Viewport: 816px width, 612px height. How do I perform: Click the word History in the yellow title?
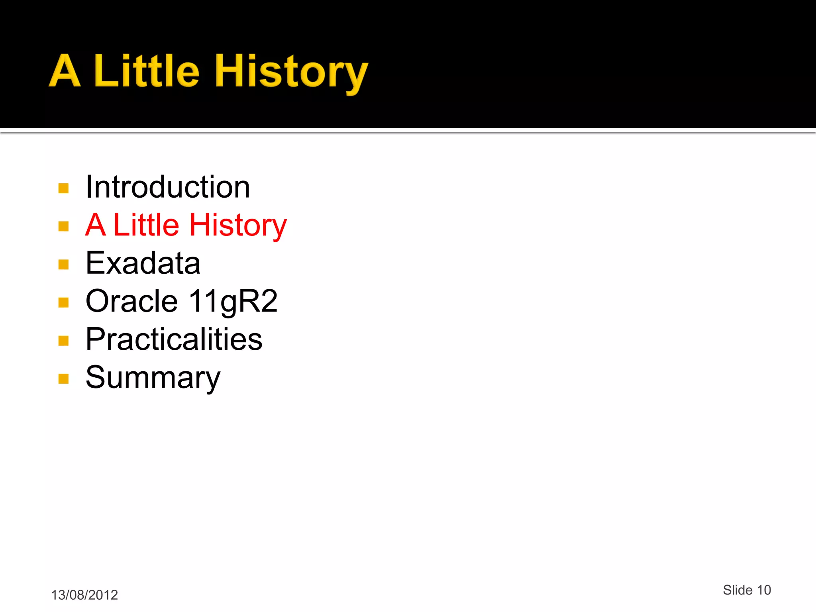click(x=291, y=72)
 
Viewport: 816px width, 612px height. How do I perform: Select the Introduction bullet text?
click(x=168, y=187)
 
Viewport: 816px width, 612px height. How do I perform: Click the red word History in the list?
click(x=238, y=226)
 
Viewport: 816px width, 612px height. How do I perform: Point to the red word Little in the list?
click(x=146, y=225)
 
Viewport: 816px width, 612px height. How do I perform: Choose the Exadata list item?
click(x=143, y=263)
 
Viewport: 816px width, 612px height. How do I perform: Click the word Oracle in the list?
click(x=131, y=301)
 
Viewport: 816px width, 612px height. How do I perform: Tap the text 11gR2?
click(x=233, y=301)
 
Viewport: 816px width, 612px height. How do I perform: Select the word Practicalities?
click(x=174, y=339)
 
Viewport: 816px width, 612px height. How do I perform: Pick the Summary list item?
click(x=153, y=377)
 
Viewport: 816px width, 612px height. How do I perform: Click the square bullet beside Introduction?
click(x=64, y=188)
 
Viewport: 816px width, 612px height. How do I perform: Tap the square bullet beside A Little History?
click(x=64, y=226)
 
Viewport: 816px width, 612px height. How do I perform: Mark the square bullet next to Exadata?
click(x=64, y=265)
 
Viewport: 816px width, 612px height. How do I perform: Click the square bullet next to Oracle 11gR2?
click(x=64, y=303)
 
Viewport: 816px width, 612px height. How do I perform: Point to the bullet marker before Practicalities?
click(x=64, y=341)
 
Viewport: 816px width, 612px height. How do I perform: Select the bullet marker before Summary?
click(x=64, y=379)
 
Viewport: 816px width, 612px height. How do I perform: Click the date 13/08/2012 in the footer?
click(x=84, y=595)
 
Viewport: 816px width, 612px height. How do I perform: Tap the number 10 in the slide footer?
click(x=764, y=590)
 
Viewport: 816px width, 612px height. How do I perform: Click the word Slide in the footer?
click(x=738, y=590)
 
